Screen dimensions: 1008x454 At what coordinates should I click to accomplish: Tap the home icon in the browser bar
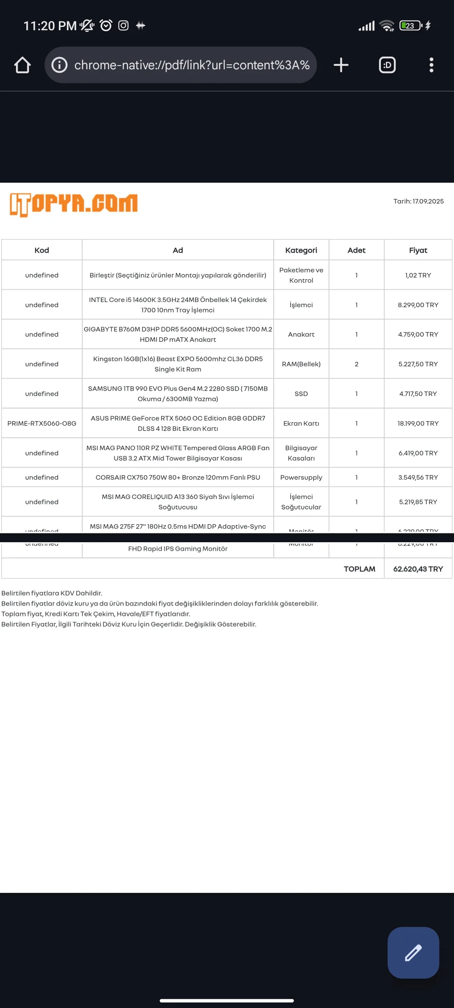[22, 65]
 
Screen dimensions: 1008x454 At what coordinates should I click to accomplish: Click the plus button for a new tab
[341, 65]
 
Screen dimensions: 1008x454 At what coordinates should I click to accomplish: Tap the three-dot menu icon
[431, 65]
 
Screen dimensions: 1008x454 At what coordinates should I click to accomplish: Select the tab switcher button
[387, 65]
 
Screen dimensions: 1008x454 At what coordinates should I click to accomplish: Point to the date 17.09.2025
[428, 202]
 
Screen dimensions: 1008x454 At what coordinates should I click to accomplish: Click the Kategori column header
[301, 250]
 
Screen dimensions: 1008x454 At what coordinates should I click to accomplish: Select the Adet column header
[356, 250]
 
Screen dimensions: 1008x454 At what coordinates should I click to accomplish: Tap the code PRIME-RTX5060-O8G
[42, 423]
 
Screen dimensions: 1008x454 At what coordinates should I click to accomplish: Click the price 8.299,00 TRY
[418, 305]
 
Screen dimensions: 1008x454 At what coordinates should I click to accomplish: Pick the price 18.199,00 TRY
[418, 423]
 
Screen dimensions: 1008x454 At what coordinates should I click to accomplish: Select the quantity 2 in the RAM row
[356, 364]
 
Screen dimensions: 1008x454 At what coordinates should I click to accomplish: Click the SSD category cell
[301, 394]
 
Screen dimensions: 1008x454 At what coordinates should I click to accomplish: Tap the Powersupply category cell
[301, 478]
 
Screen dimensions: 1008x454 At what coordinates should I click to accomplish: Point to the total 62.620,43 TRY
[418, 569]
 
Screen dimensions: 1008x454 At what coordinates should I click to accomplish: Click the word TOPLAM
[359, 569]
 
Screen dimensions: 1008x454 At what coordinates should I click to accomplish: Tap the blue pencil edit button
[413, 953]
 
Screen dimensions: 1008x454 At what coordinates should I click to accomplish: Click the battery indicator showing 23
[410, 26]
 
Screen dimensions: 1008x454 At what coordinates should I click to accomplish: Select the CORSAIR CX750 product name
[178, 478]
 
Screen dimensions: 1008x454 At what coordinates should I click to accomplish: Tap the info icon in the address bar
[59, 65]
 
